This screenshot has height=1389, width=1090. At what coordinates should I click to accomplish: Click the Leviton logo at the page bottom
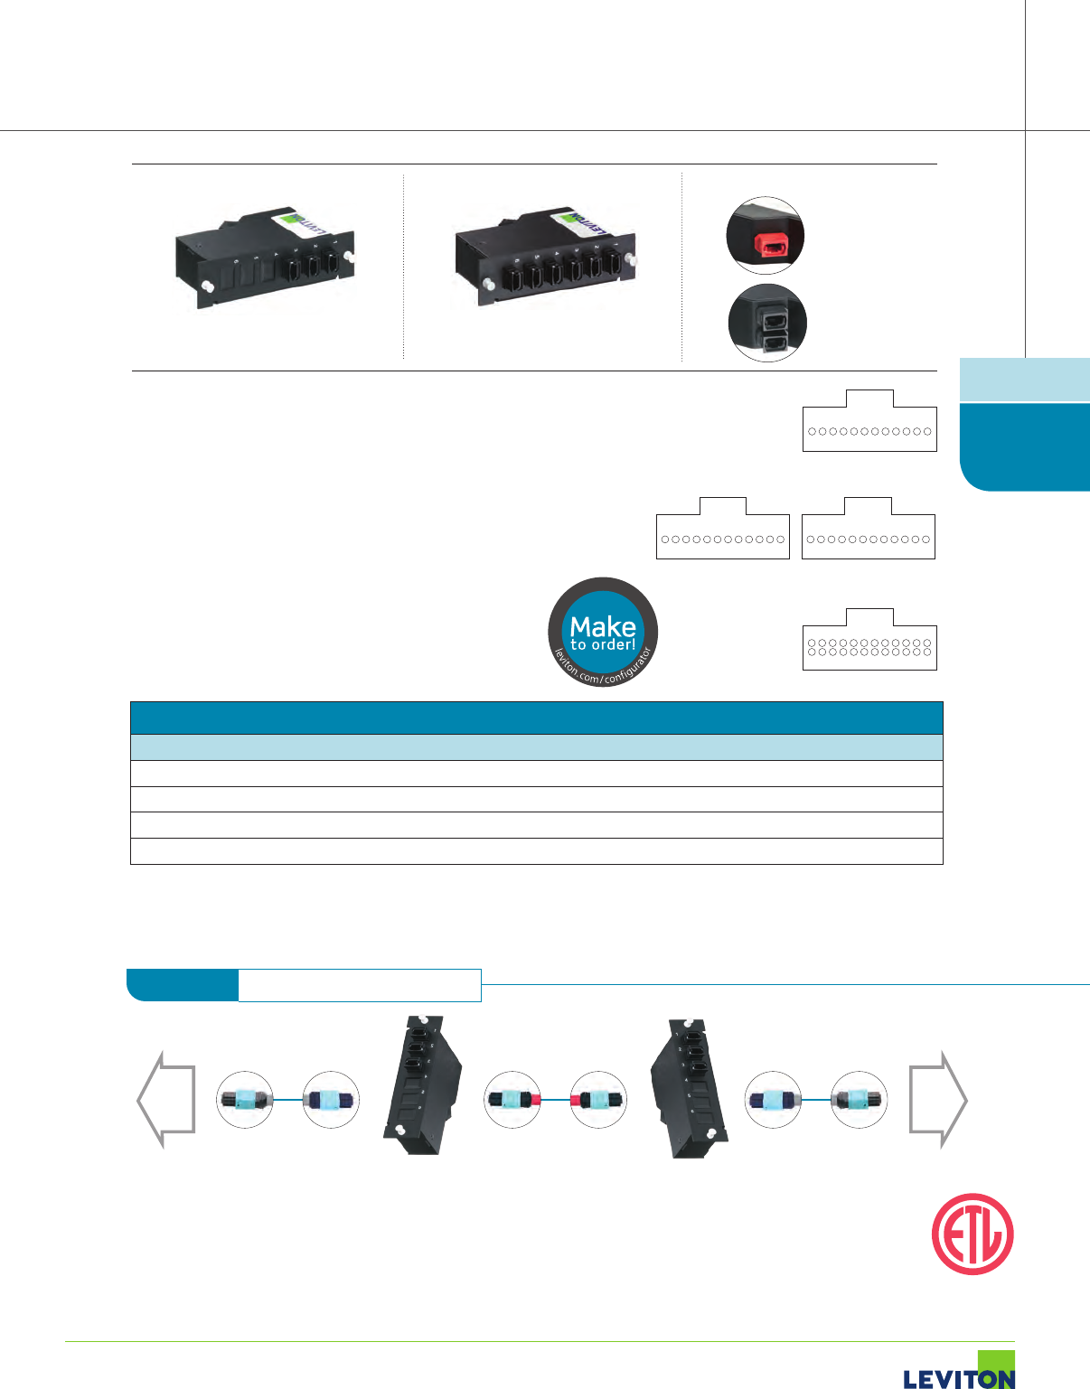(x=959, y=1374)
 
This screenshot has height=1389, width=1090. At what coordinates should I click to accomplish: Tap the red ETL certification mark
(x=973, y=1234)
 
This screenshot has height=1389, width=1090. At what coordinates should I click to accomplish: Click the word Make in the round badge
(x=603, y=626)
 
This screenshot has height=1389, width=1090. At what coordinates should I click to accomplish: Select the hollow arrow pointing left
(x=165, y=1099)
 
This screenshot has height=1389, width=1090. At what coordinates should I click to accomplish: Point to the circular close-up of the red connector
(x=766, y=236)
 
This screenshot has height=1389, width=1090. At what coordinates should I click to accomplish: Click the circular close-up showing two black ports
(x=767, y=323)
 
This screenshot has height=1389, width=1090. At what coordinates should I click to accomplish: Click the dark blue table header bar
(x=536, y=718)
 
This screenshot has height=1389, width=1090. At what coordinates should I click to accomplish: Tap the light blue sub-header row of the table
(x=536, y=747)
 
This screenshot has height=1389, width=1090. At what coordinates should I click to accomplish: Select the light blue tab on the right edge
(x=1025, y=380)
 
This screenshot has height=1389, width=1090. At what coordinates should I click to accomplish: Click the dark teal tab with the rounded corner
(x=1025, y=446)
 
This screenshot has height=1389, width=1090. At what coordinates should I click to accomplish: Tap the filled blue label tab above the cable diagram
(x=183, y=985)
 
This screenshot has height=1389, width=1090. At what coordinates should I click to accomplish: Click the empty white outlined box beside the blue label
(x=360, y=985)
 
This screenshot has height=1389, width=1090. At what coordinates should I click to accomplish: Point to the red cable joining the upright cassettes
(x=555, y=1100)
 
